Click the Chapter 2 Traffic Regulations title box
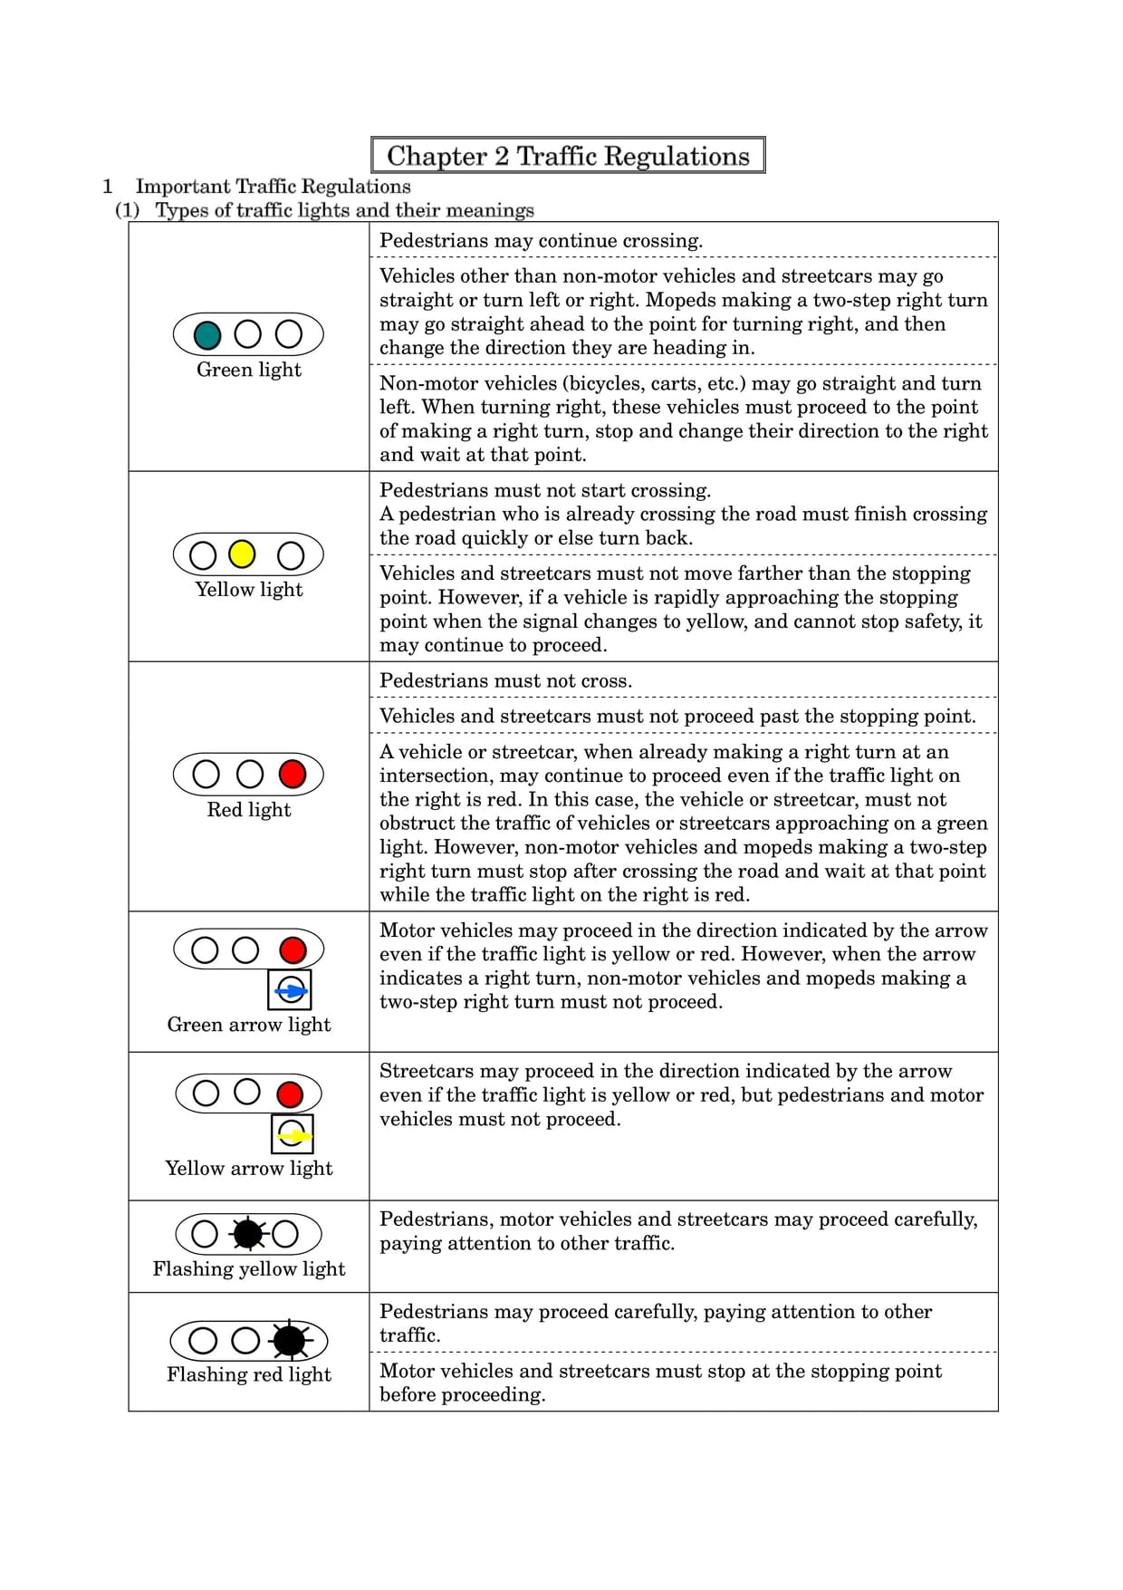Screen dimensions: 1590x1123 (568, 155)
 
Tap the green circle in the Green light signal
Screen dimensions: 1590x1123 (207, 335)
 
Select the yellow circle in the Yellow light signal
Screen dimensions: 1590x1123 (242, 554)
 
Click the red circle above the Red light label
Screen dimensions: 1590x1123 (293, 774)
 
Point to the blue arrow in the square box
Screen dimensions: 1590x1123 (291, 991)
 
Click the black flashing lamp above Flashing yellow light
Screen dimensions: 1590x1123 (247, 1234)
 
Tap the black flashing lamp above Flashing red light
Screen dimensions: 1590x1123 (290, 1340)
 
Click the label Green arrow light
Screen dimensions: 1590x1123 (249, 1025)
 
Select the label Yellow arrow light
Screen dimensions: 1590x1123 (249, 1168)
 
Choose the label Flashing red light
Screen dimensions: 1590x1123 (249, 1374)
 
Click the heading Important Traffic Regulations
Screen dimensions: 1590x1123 (273, 187)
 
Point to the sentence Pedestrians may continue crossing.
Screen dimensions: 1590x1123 (541, 241)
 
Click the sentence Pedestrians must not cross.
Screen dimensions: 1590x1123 (505, 680)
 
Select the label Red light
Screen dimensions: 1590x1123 (249, 810)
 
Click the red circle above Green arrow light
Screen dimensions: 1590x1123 (293, 949)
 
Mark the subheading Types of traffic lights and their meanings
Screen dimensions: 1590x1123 (344, 210)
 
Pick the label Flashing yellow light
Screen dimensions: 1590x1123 (249, 1268)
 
